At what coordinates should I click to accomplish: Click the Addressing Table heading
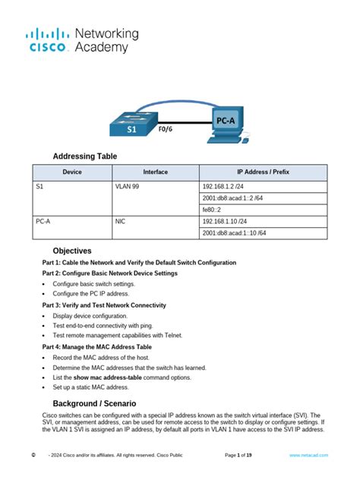[x=85, y=156]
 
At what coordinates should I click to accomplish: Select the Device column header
[x=72, y=172]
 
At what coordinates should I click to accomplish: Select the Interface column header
[x=155, y=172]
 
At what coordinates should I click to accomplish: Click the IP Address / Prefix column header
[x=263, y=172]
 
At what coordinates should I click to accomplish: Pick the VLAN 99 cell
[x=128, y=186]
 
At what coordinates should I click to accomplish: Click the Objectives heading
[x=72, y=251]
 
